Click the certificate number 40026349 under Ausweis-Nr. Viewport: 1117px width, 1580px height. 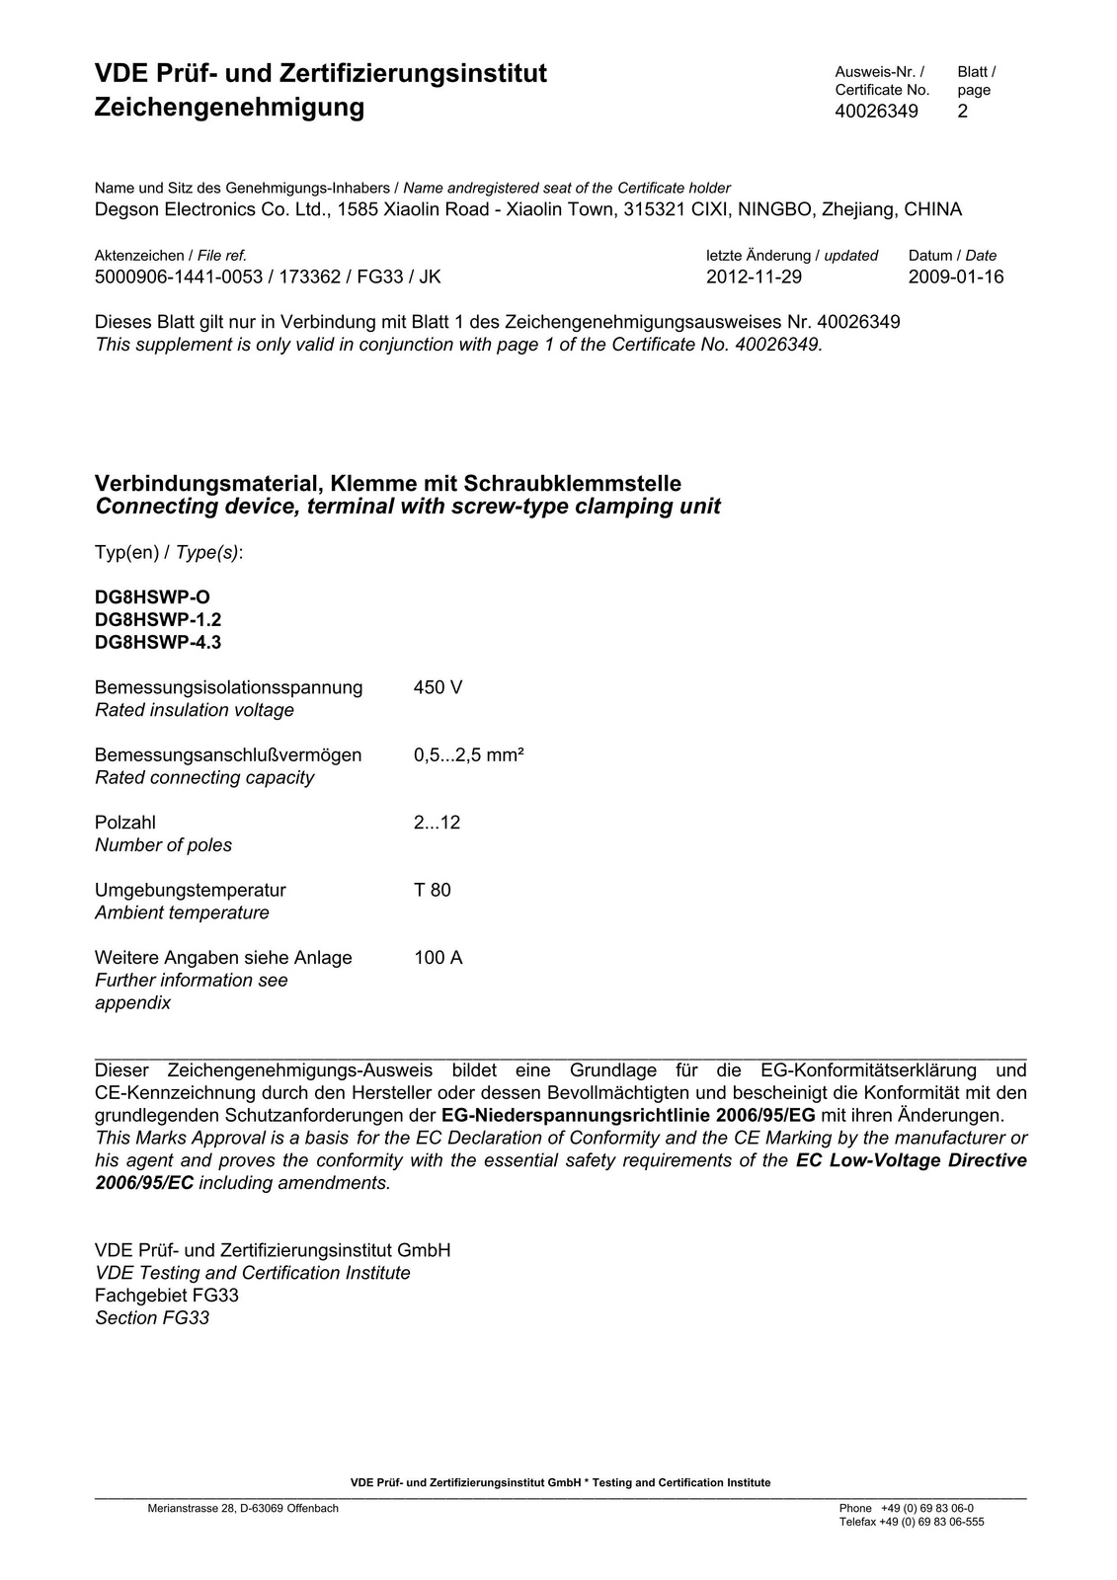[876, 111]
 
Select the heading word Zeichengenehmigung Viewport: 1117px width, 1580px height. [229, 107]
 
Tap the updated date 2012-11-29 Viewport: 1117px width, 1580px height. [754, 276]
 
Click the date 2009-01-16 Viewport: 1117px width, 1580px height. [955, 276]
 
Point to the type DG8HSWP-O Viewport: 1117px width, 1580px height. [152, 597]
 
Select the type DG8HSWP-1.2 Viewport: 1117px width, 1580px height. [158, 620]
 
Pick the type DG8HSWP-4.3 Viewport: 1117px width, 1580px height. [158, 643]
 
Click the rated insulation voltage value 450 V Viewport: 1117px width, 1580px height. [438, 687]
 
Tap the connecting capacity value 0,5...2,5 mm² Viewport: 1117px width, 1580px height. [468, 755]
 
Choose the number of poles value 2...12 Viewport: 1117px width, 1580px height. [437, 823]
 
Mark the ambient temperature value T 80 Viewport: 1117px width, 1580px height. [433, 890]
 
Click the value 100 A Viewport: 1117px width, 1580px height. [438, 958]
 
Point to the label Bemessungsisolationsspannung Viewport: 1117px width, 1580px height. [228, 687]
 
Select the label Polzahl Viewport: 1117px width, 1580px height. [125, 823]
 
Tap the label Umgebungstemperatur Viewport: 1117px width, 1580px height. [191, 890]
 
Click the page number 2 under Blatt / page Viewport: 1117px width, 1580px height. [963, 111]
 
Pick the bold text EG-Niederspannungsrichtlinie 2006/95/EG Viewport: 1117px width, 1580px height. [628, 1115]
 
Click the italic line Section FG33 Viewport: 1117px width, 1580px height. [152, 1317]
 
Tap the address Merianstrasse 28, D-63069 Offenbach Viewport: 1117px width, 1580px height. [243, 1508]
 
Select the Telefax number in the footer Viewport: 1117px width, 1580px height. [912, 1522]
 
